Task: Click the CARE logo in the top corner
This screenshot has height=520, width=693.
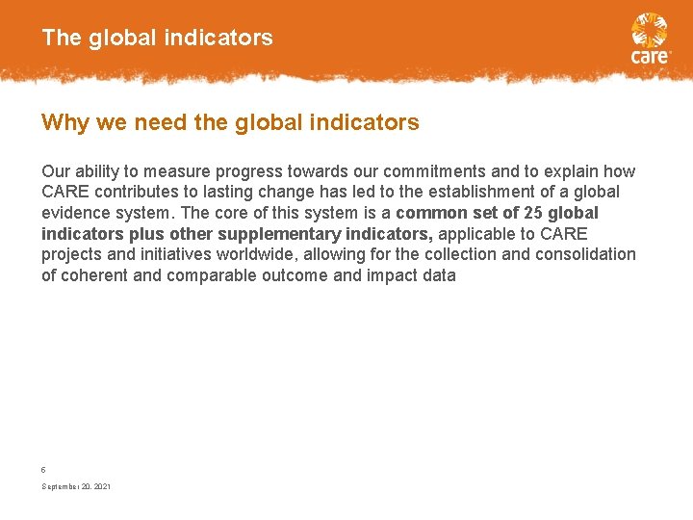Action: click(x=650, y=38)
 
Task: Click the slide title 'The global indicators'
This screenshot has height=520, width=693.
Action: click(x=157, y=39)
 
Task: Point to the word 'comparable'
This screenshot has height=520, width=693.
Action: click(x=211, y=275)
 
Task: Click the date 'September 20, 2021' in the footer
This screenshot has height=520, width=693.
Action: click(x=76, y=487)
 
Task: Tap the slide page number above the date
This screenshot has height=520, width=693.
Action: click(x=43, y=469)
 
